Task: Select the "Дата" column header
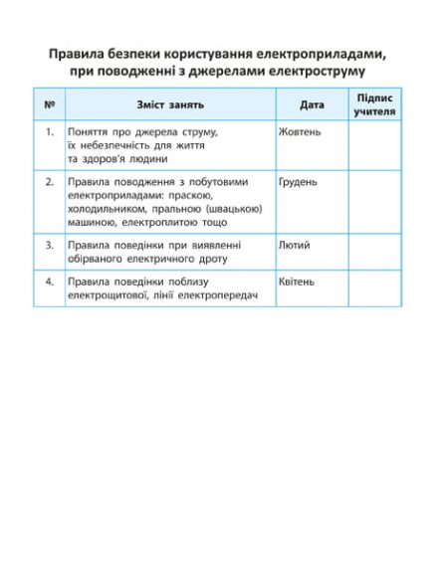pyautogui.click(x=312, y=104)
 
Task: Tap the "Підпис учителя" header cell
pyautogui.click(x=374, y=104)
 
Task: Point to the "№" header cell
pyautogui.click(x=49, y=104)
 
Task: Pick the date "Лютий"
pyautogui.click(x=295, y=245)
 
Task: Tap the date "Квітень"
pyautogui.click(x=297, y=282)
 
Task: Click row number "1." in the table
pyautogui.click(x=49, y=131)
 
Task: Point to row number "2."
pyautogui.click(x=49, y=183)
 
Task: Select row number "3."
pyautogui.click(x=49, y=245)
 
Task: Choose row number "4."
pyautogui.click(x=49, y=282)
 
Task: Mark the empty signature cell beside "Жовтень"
pyautogui.click(x=374, y=144)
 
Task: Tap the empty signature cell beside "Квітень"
pyautogui.click(x=374, y=288)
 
